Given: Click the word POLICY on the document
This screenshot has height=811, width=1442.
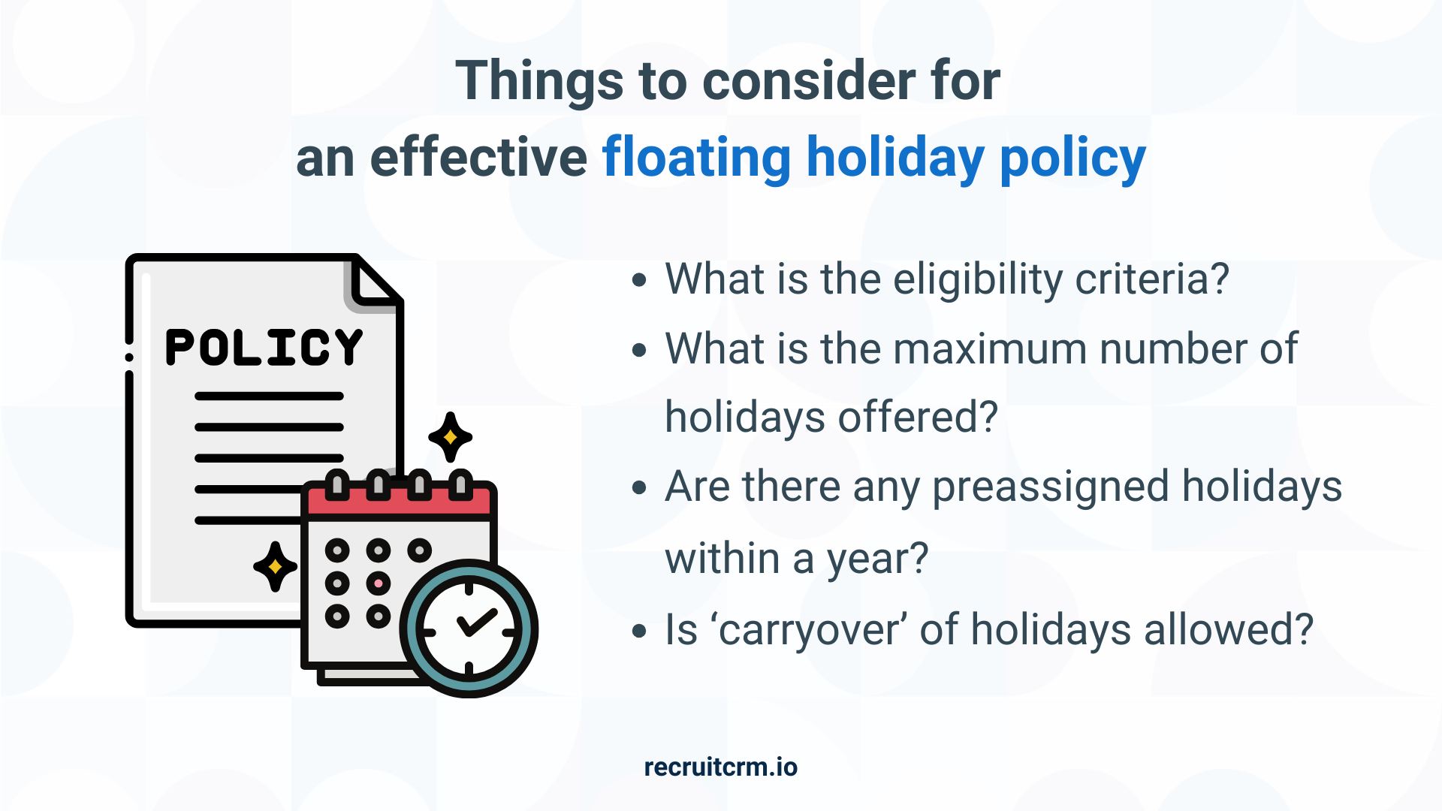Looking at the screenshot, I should (x=264, y=347).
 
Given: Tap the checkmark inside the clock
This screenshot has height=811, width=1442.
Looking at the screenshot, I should (x=476, y=622).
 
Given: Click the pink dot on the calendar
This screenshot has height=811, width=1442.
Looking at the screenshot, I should (x=379, y=583).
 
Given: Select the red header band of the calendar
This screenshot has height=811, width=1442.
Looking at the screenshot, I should (x=399, y=502).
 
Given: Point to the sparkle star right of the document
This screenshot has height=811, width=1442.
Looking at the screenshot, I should (x=450, y=437).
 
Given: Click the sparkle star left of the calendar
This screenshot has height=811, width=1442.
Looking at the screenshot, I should (x=275, y=566).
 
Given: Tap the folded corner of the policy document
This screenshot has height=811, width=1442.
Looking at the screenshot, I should (x=373, y=284).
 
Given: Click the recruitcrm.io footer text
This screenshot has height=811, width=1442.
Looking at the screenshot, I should (x=720, y=767).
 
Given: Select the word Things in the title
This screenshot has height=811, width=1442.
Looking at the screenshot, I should (x=539, y=80).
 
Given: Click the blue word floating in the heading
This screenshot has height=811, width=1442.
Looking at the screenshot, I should (x=696, y=158).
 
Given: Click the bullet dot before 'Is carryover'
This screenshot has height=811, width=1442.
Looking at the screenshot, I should (x=639, y=631).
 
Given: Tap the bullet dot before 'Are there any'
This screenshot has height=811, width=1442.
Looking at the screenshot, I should (x=639, y=488).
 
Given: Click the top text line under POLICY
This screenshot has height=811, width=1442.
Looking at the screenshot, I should (x=269, y=396).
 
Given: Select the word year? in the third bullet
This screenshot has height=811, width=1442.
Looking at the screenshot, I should (x=877, y=559).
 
